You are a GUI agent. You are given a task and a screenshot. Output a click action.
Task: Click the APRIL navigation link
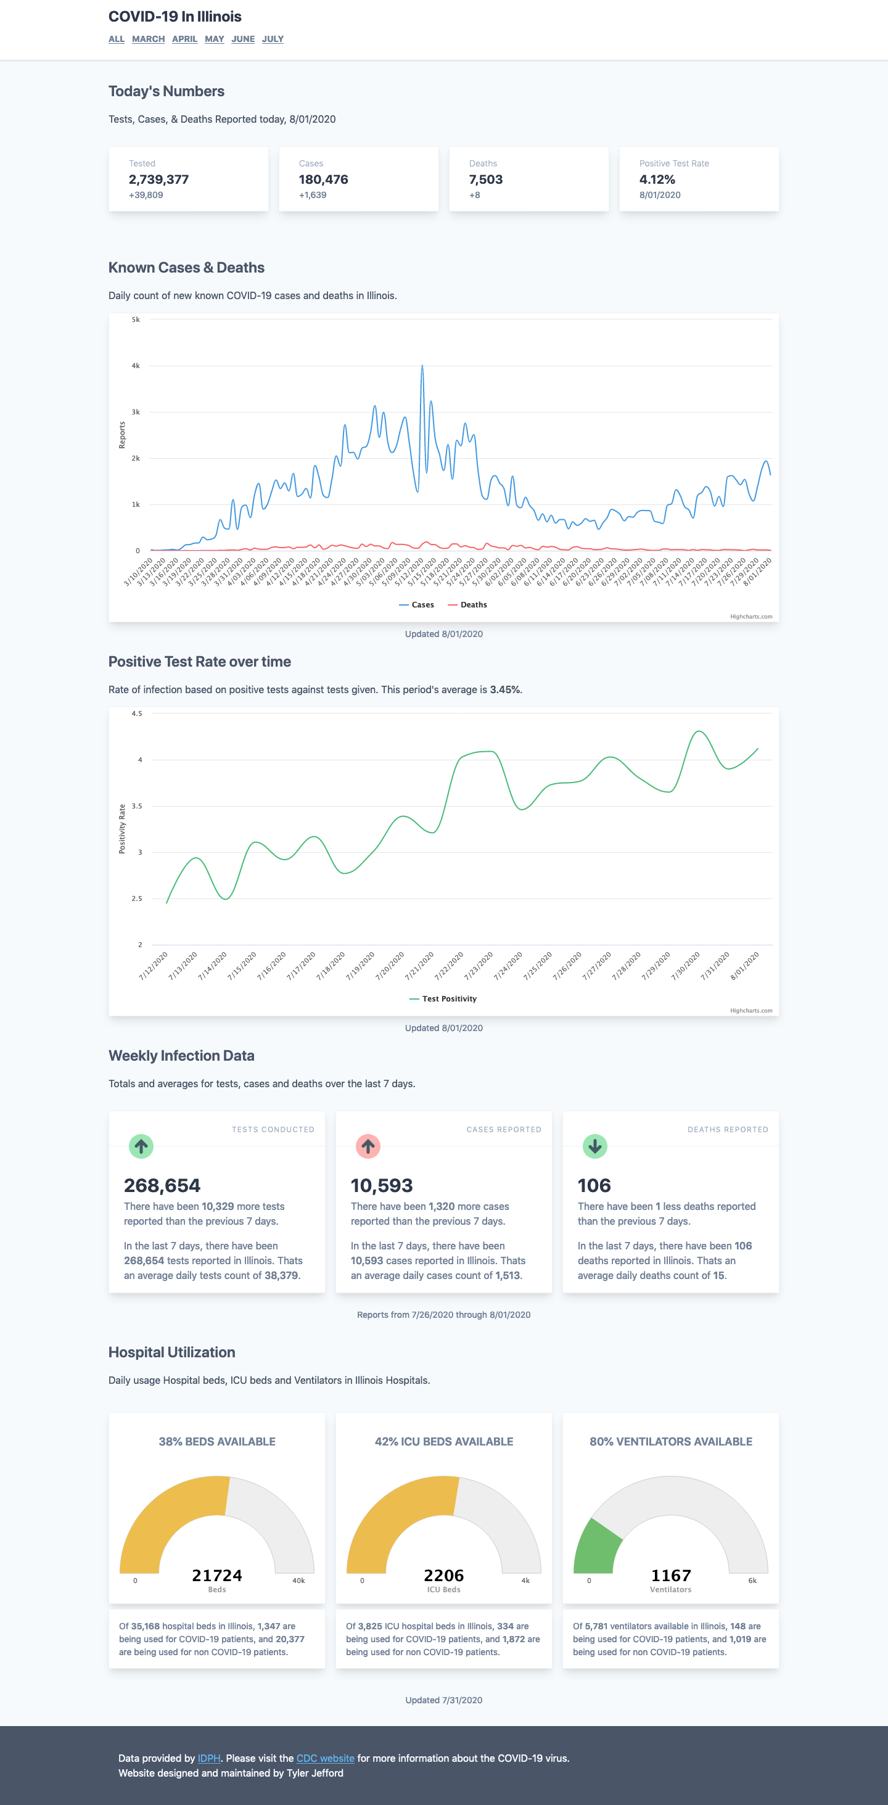click(x=184, y=39)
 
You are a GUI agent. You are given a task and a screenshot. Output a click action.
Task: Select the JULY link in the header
click(x=273, y=39)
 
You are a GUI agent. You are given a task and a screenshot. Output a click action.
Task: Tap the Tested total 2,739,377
click(x=158, y=179)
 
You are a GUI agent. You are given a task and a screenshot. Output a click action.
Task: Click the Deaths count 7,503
click(x=486, y=179)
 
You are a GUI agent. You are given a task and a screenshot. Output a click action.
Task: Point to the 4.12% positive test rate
click(x=657, y=179)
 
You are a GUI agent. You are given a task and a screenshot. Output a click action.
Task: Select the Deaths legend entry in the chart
click(x=467, y=605)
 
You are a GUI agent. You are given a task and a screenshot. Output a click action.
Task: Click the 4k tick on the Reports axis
click(x=135, y=366)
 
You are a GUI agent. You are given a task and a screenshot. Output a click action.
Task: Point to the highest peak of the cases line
click(x=422, y=366)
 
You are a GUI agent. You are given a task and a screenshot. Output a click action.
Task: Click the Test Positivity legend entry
click(x=443, y=998)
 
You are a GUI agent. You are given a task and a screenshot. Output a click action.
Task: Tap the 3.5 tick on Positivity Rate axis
click(x=137, y=806)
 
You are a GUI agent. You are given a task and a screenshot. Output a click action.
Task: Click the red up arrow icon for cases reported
click(x=368, y=1146)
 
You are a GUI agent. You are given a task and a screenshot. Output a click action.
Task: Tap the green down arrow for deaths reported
click(x=595, y=1146)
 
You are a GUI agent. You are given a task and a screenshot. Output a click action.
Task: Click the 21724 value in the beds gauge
click(x=217, y=1575)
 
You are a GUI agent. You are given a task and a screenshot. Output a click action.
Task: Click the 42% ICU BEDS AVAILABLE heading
click(x=443, y=1441)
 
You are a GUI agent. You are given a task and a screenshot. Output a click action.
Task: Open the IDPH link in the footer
click(x=209, y=1758)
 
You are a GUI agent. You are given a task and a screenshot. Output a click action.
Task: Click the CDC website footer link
click(x=325, y=1758)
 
